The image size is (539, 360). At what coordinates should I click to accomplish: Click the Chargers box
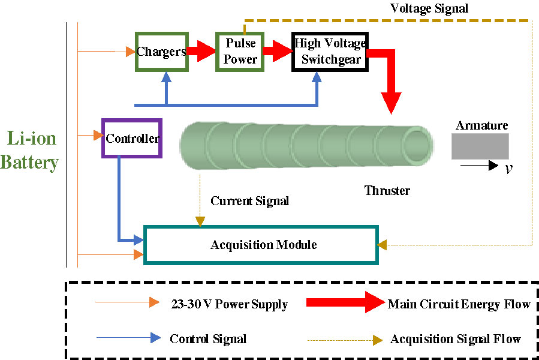(161, 52)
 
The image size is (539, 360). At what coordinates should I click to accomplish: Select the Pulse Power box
(240, 52)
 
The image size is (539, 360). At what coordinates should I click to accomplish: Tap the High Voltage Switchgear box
(330, 52)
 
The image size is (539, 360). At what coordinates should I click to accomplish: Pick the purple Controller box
(132, 139)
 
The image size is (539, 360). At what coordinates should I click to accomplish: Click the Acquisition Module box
(263, 245)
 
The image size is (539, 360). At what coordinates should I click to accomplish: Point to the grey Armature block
(480, 146)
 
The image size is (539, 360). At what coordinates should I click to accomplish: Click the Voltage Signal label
(429, 8)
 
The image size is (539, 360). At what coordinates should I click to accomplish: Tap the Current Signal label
(249, 201)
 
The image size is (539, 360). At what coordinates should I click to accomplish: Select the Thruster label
(387, 191)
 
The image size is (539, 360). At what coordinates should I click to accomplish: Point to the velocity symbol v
(508, 169)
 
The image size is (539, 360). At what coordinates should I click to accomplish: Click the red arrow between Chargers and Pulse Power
(201, 51)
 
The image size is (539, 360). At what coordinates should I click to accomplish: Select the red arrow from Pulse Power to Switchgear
(276, 51)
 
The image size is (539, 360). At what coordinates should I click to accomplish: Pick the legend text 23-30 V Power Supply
(229, 305)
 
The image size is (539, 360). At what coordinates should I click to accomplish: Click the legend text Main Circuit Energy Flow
(459, 304)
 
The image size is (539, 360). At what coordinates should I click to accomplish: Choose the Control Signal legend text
(208, 339)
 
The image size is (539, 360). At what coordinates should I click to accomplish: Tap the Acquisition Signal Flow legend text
(455, 340)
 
